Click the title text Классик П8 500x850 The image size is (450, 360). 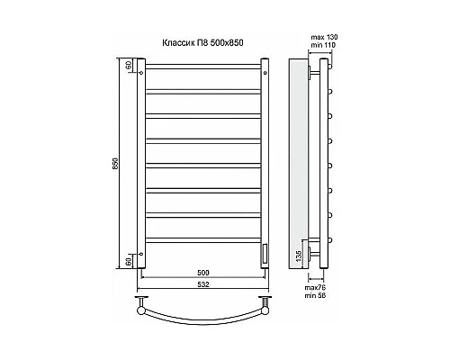click(x=202, y=43)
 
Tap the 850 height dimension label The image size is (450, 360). click(x=116, y=164)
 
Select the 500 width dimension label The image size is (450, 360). click(x=203, y=273)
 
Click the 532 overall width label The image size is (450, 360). click(x=203, y=284)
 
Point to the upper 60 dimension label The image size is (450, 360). click(x=129, y=65)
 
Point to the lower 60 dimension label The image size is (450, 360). click(x=129, y=261)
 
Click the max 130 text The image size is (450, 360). click(x=324, y=38)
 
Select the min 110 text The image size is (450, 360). click(x=323, y=45)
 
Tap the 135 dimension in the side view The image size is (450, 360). click(x=299, y=256)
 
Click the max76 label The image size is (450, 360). click(x=315, y=287)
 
